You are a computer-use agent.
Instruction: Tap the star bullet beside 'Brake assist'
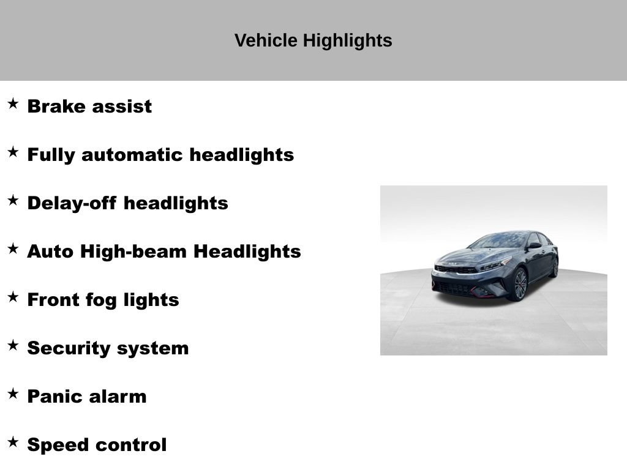pos(13,103)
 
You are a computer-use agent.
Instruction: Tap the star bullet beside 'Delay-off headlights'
pos(13,200)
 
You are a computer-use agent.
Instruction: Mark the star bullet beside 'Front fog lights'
pos(13,297)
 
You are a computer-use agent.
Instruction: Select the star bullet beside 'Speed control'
pos(13,442)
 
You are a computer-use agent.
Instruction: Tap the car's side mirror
pos(534,246)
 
